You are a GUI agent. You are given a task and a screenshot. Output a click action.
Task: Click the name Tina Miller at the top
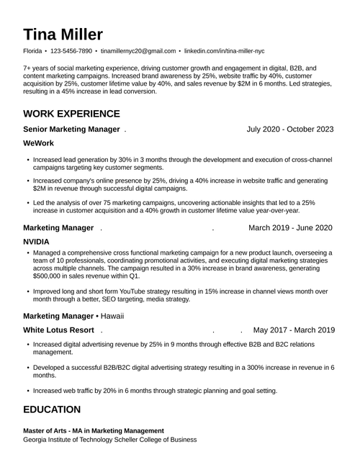click(x=63, y=35)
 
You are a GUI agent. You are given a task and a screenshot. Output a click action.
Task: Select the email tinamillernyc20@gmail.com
click(x=138, y=52)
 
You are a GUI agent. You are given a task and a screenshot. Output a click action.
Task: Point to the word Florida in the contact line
click(x=32, y=52)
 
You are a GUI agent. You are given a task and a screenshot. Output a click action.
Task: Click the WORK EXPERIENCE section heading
click(x=71, y=114)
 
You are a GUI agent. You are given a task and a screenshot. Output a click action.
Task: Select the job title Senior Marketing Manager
click(x=71, y=130)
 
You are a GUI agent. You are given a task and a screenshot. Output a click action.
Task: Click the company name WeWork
click(x=40, y=144)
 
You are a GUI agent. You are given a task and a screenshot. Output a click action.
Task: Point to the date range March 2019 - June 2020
click(x=290, y=228)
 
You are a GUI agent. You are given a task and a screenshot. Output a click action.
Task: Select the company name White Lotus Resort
click(x=58, y=330)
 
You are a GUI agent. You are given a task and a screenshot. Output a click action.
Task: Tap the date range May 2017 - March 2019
click(x=294, y=330)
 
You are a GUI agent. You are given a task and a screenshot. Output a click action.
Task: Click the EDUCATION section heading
click(x=52, y=409)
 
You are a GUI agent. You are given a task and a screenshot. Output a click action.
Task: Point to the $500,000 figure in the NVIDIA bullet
click(x=51, y=276)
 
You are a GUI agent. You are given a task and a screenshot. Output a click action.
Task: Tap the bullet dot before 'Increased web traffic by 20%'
click(x=27, y=391)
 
